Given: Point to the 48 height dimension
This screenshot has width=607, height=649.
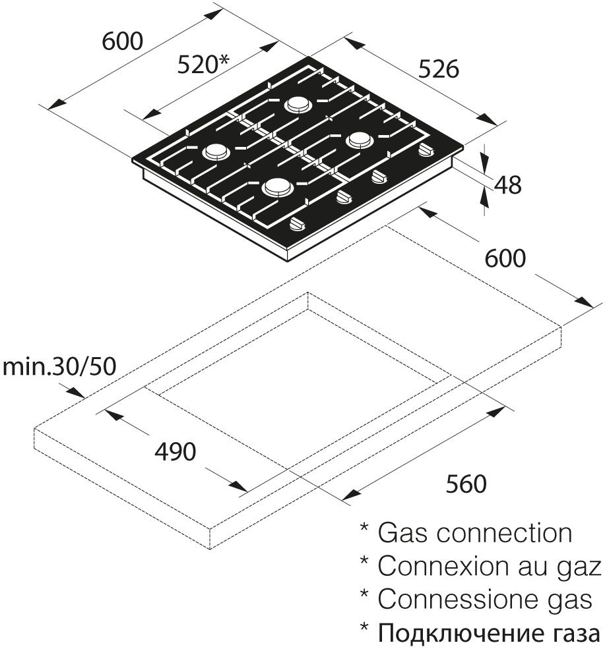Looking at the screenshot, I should [x=507, y=185].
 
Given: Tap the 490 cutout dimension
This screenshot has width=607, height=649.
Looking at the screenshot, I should [x=175, y=452].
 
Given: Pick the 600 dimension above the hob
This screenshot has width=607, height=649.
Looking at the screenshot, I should [x=123, y=41].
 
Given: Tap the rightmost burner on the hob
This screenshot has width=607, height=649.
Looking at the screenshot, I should [x=360, y=140].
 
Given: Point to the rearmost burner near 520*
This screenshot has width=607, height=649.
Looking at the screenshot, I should [x=298, y=105].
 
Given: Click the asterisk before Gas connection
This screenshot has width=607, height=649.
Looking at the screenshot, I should [x=364, y=529].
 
